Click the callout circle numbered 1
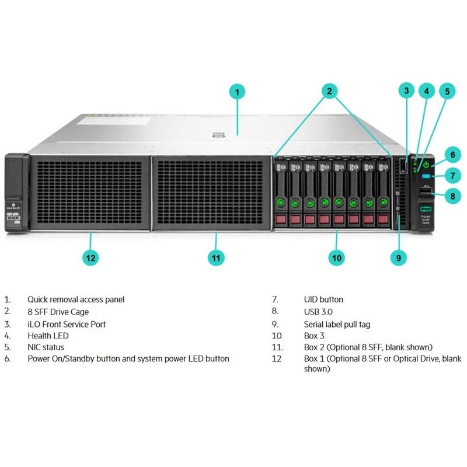[x=237, y=92]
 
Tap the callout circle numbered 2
[x=329, y=90]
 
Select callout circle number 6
[x=452, y=155]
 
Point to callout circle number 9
[x=399, y=257]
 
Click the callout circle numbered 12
[x=91, y=257]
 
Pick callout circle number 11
[x=216, y=257]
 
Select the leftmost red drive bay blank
[x=280, y=219]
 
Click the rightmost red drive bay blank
[x=383, y=219]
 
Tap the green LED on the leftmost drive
[x=280, y=203]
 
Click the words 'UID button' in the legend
[x=323, y=299]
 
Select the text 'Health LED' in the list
[x=48, y=336]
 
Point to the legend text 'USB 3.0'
[x=319, y=312]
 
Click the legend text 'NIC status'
[x=46, y=347]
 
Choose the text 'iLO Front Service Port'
[x=67, y=324]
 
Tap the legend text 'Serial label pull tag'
[x=337, y=324]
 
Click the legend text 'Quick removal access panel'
[x=76, y=299]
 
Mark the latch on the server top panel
[x=219, y=135]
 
